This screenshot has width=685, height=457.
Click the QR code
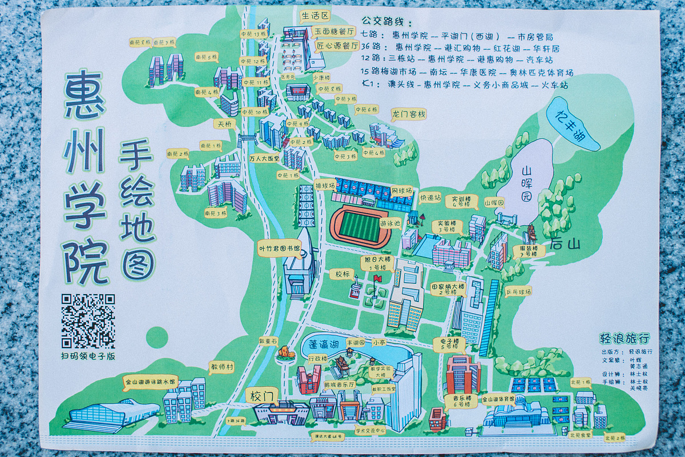88,321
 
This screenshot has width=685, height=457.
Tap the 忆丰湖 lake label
572,122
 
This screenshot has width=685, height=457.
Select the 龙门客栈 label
408,114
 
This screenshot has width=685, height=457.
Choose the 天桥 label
223,123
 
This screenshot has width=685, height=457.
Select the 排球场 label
325,185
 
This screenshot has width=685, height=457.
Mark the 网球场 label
401,189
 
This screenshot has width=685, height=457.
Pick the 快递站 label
430,198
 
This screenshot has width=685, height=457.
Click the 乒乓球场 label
518,291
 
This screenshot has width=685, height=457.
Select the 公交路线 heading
386,22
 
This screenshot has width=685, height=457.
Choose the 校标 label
342,274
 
